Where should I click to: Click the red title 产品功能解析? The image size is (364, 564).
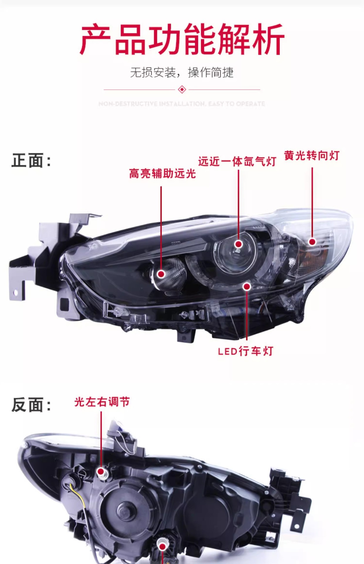tap(182, 39)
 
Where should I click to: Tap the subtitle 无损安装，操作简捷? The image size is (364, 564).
tap(182, 72)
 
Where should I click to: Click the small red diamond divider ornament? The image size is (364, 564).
tap(182, 89)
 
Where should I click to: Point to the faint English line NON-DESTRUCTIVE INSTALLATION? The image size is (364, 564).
tap(182, 104)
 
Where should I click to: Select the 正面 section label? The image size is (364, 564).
tap(31, 161)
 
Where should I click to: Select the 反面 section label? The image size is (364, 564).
tap(31, 405)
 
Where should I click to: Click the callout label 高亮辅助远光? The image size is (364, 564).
tap(162, 174)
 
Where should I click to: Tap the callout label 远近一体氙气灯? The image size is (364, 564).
tap(237, 161)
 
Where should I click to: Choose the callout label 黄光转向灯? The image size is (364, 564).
tap(312, 155)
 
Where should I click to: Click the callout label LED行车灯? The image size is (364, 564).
tap(246, 351)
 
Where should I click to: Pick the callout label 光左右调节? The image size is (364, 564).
tap(102, 402)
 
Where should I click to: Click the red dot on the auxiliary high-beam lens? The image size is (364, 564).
tap(161, 274)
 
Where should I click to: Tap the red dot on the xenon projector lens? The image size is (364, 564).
tap(239, 244)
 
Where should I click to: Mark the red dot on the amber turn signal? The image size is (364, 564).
tap(312, 242)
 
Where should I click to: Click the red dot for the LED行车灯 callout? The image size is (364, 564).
tap(247, 286)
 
